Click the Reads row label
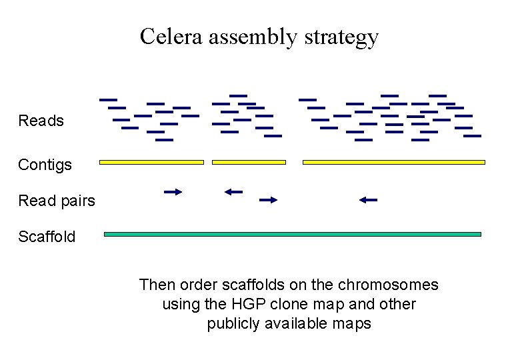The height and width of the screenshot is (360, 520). pos(41,121)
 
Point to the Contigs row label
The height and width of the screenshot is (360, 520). pos(45,164)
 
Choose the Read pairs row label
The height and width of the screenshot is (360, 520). pos(57,201)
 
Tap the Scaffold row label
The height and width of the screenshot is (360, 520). pos(47,237)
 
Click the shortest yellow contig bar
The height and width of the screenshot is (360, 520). pos(249,162)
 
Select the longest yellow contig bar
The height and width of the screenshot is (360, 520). pos(394,162)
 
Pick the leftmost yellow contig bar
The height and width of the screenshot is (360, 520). pos(151,162)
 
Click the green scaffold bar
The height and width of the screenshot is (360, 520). pos(293,235)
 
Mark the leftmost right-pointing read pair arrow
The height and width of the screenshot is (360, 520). pos(173,192)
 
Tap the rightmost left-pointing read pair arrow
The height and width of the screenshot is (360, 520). pos(368,199)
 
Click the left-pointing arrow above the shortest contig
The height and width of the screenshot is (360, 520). pos(233,192)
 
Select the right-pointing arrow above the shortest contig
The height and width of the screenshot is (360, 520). pos(268,199)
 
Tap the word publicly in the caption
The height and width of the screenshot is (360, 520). pos(233,324)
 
